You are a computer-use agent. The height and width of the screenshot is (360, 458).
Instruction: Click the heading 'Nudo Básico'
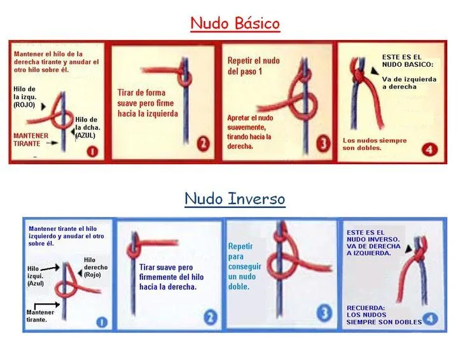point(235,24)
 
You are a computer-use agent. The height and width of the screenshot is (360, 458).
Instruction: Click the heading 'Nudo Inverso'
point(235,198)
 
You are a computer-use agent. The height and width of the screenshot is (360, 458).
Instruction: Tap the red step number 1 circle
point(92,151)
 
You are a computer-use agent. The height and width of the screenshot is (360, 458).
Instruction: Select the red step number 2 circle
point(202,145)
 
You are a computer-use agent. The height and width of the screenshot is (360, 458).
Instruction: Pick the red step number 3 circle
point(323,144)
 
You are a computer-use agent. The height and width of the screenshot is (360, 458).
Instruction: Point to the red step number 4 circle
point(429,149)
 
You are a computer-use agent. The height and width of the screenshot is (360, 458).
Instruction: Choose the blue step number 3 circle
point(324,313)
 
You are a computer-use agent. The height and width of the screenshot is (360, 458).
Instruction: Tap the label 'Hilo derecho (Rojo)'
point(95,268)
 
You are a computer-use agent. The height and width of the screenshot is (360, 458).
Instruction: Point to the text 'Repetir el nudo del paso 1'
point(253,66)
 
